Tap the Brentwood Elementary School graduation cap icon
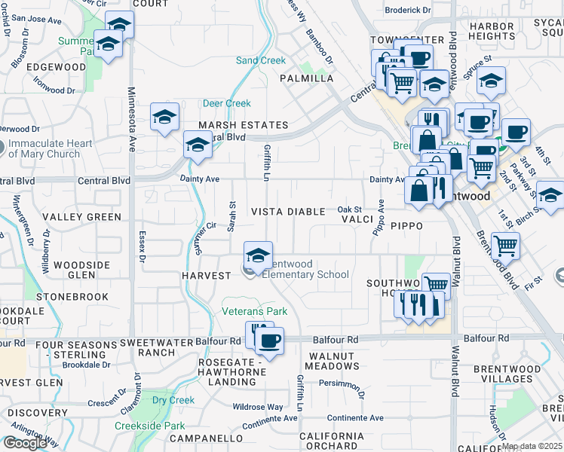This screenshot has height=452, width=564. coord(258,254)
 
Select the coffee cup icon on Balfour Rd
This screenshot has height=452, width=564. coord(269,341)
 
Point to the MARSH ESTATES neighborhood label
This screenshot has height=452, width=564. coord(243,125)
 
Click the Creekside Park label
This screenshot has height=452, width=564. coord(149,426)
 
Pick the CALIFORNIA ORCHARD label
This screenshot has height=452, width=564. coord(332,441)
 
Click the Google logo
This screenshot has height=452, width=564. coord(25,443)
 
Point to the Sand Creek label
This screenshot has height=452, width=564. coord(261,60)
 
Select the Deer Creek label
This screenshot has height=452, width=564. coord(226,103)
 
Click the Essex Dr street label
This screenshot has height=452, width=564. coord(141,247)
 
